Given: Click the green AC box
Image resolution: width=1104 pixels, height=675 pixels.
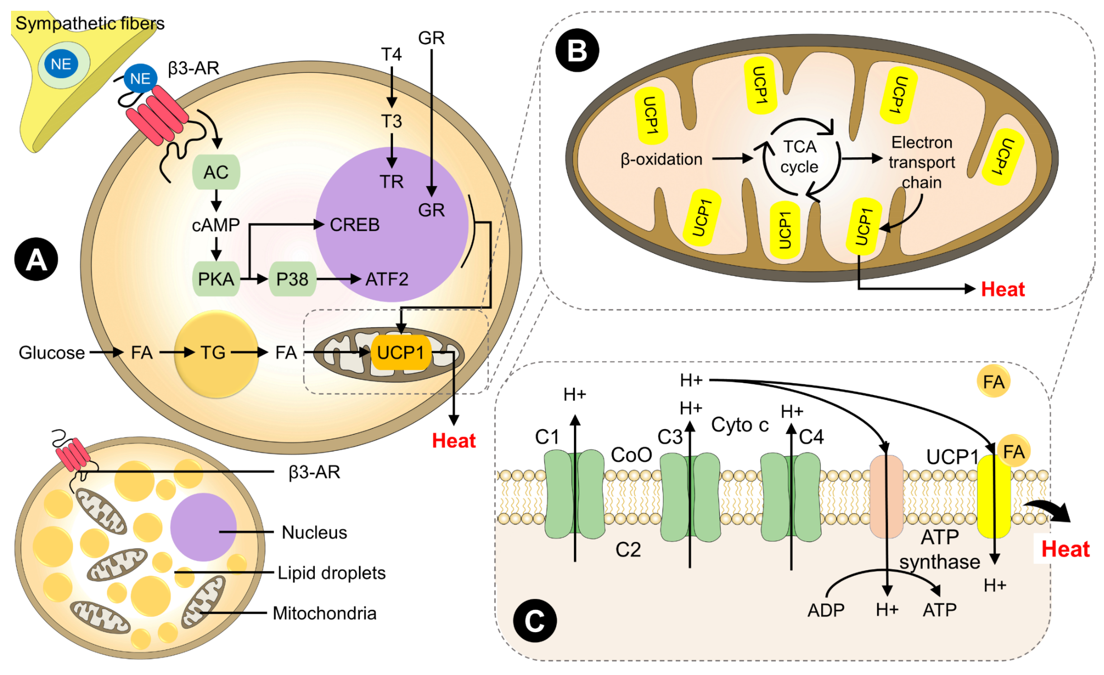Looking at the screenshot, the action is coord(216,172).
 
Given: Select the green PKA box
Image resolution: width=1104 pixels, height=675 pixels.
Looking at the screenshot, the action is coord(216,279).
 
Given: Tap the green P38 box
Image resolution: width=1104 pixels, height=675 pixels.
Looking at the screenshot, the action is coord(293,279).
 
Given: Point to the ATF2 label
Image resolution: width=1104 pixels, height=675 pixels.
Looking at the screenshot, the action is coord(387,279).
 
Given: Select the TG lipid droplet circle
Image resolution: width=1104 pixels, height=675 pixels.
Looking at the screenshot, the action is coord(216,353).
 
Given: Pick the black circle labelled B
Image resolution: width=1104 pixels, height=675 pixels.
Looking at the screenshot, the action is coord(577,50).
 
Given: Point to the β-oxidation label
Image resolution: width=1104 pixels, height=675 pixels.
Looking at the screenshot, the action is coord(661,159).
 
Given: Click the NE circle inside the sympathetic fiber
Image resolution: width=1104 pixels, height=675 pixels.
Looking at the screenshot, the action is coord(61,64).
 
